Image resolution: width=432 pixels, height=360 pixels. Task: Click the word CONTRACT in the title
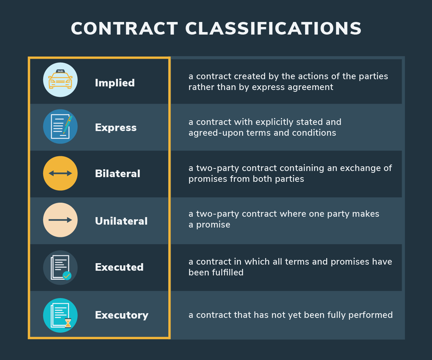[x=124, y=29]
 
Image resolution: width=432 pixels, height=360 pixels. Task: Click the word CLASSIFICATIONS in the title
[x=274, y=29]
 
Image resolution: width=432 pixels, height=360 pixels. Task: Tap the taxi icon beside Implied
[x=60, y=80]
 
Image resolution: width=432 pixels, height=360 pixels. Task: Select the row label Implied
[x=115, y=83]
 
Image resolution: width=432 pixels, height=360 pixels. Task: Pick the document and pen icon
[x=60, y=126]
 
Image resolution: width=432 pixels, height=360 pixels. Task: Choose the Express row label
[x=116, y=128]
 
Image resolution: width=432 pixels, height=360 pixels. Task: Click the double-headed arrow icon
[x=60, y=173]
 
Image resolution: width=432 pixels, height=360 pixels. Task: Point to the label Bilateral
[x=118, y=174]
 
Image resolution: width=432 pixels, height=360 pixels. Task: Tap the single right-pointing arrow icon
[x=60, y=220]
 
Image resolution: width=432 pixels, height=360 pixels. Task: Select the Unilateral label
[x=121, y=221]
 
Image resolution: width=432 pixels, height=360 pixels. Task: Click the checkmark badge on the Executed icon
[x=67, y=276]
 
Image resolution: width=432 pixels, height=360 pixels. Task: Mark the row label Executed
[x=119, y=267]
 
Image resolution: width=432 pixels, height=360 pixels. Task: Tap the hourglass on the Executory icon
[x=68, y=323]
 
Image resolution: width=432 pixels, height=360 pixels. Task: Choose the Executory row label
[x=122, y=315]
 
